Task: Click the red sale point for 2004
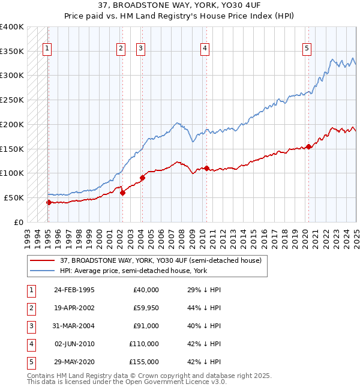point(143,177)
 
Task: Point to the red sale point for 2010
point(206,168)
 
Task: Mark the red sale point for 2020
point(308,146)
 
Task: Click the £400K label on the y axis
point(12,27)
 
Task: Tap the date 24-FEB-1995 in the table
point(74,290)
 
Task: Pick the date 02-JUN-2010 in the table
point(74,344)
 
